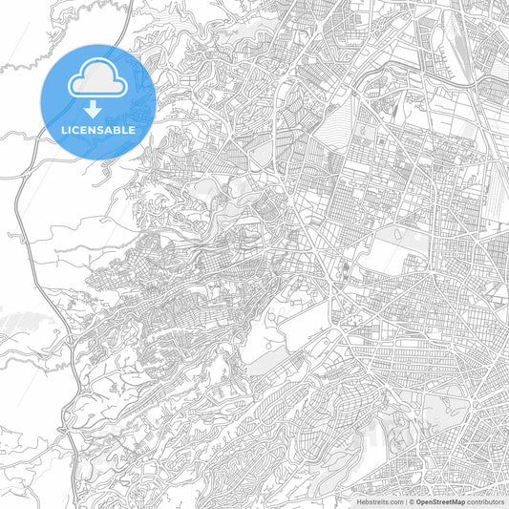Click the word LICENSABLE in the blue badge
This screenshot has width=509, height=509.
[x=98, y=129]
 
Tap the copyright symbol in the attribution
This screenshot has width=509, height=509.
[x=412, y=501]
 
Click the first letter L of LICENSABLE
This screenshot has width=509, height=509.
[x=64, y=129]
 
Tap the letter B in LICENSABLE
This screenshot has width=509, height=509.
[x=117, y=129]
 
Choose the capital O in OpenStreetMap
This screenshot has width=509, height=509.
[x=419, y=501]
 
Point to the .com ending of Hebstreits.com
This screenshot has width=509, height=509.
[x=394, y=501]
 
